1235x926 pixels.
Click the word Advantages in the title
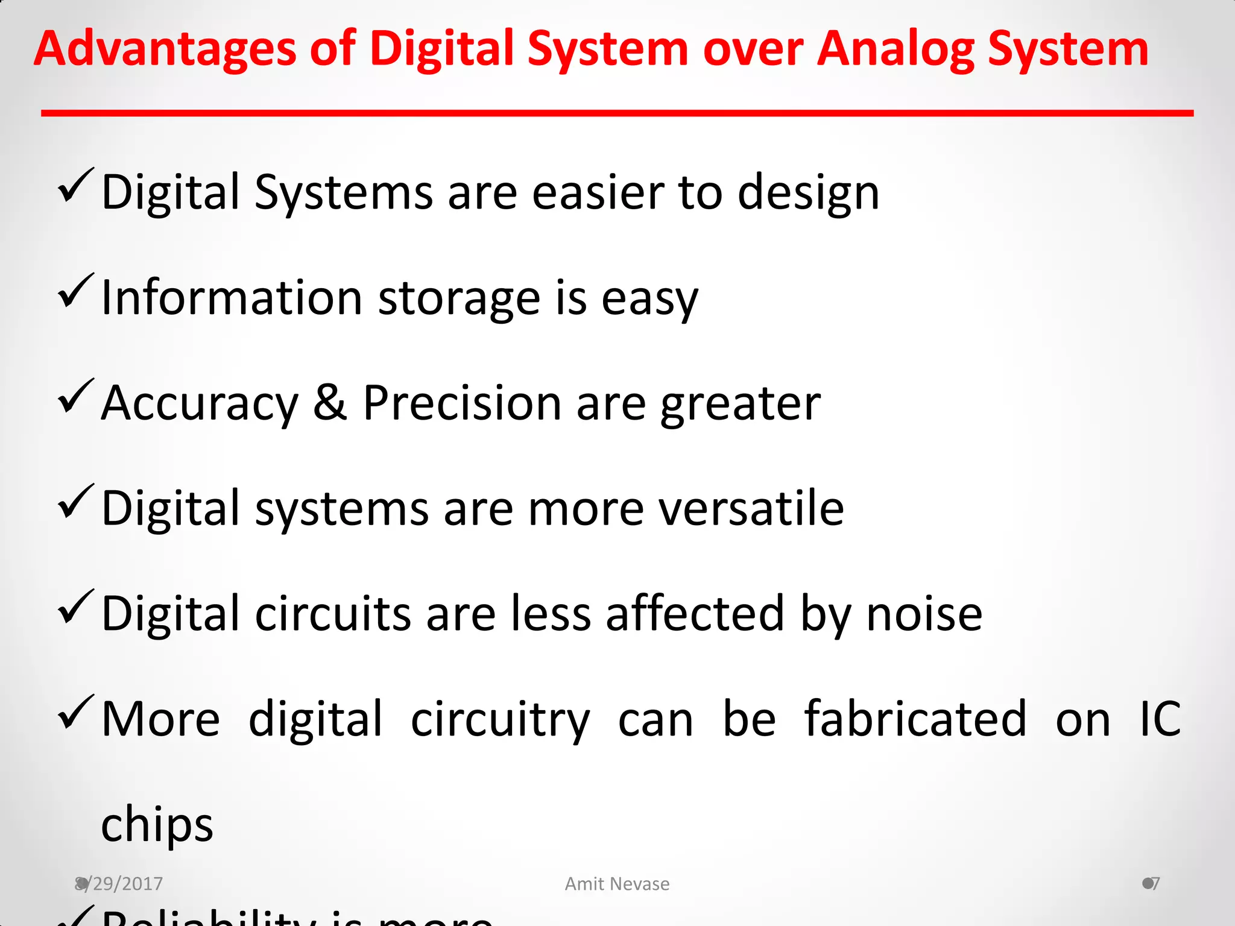point(165,49)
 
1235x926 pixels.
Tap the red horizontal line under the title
point(617,113)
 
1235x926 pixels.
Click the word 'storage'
point(459,298)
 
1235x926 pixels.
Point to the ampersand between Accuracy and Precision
point(330,403)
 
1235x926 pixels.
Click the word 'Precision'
point(463,403)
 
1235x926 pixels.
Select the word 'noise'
point(924,614)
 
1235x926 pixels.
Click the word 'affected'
point(695,614)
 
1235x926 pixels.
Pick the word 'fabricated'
point(915,719)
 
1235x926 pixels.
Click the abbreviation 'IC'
point(1160,719)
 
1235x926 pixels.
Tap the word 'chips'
point(157,825)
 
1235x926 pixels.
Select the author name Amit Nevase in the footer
point(617,884)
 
